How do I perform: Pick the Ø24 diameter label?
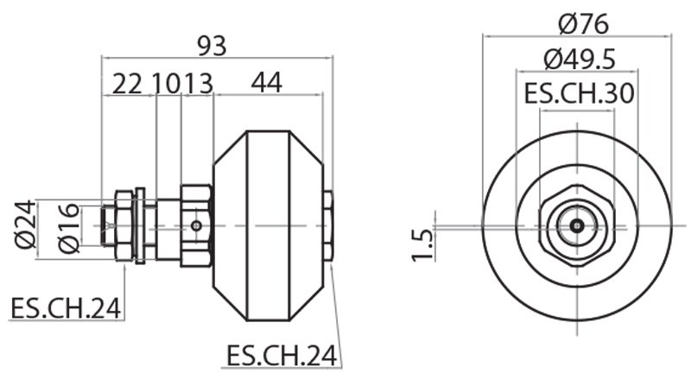(x=27, y=225)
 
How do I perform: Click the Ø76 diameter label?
(x=576, y=21)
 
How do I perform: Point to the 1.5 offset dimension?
(x=422, y=244)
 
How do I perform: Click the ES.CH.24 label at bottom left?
(x=65, y=308)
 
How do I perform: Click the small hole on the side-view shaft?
(x=197, y=226)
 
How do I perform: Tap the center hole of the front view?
(x=576, y=225)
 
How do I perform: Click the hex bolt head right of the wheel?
(x=327, y=226)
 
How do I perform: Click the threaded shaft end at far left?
(x=109, y=226)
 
